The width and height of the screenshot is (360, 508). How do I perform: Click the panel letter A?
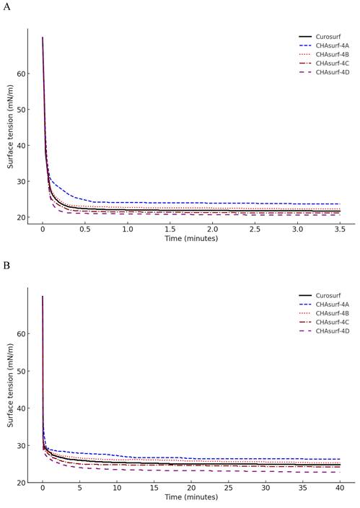point(7,7)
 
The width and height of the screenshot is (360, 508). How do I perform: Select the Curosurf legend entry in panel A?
point(329,37)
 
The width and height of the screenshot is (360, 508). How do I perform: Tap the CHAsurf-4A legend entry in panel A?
point(333,45)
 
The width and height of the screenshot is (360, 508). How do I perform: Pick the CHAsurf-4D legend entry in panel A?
point(333,72)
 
